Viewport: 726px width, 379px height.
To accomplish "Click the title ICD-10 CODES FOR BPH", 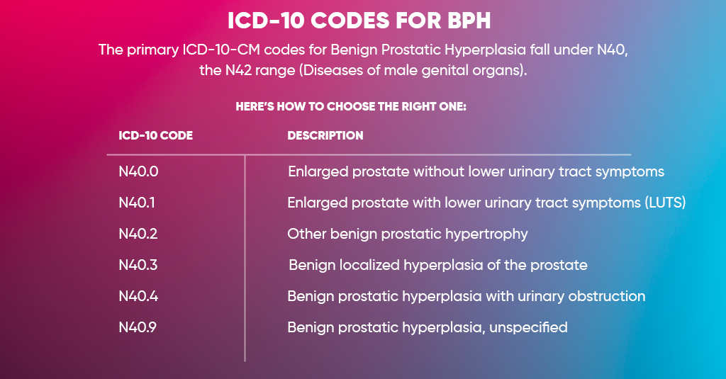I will click(359, 21).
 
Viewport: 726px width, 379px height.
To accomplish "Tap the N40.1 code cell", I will click(137, 203).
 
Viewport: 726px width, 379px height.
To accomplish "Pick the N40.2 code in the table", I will click(138, 234).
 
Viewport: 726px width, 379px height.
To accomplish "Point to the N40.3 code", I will click(138, 266).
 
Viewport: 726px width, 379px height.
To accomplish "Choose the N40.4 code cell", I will click(138, 296).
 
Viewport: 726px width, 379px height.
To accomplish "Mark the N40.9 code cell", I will click(138, 327).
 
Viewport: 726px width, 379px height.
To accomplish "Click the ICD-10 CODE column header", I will click(156, 135).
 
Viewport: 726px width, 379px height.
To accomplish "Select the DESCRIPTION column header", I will click(325, 135).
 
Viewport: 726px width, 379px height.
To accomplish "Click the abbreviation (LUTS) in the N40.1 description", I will click(665, 203).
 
